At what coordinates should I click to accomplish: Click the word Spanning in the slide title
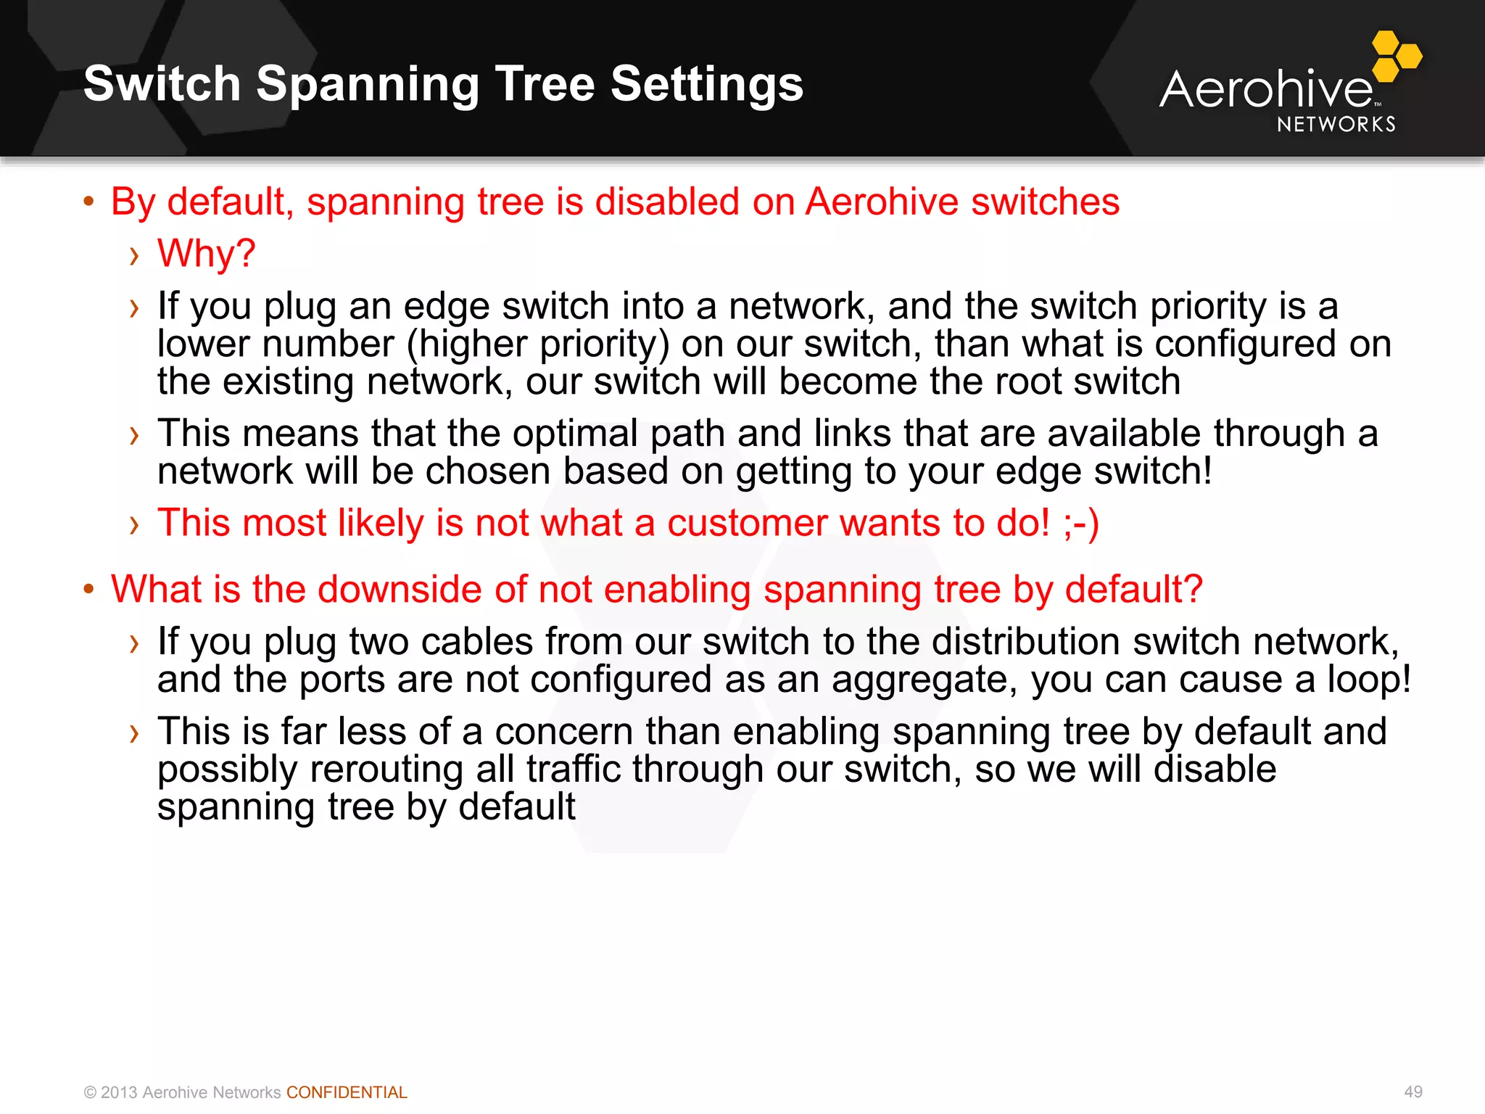pos(368,84)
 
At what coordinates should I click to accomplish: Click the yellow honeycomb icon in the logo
pos(1396,56)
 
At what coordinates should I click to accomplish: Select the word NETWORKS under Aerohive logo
pos(1336,125)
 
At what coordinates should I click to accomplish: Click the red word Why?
pos(207,254)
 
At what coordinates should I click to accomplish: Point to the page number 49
pos(1413,1092)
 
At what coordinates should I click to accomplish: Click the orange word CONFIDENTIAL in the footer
pos(347,1092)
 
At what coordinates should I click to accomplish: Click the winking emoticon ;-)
pos(1080,523)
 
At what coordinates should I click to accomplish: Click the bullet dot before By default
pos(88,202)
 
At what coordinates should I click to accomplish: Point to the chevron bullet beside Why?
pos(133,255)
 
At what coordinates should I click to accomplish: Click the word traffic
pos(574,770)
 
